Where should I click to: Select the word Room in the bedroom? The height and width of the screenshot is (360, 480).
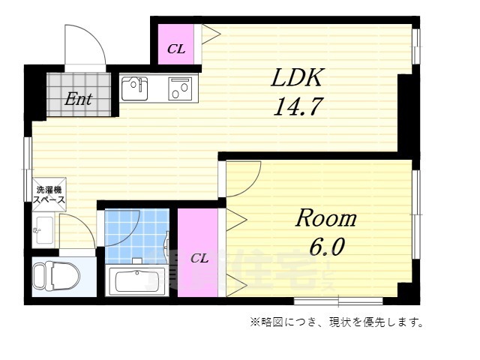coord(326,218)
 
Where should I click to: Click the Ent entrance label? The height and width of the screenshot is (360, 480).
coord(77,98)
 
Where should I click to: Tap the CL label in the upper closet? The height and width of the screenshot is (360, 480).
coord(176,49)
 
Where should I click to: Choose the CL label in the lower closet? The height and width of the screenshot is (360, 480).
coord(199,258)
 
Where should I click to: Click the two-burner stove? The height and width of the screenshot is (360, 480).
coord(181,88)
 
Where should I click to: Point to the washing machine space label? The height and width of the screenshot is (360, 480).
coord(48,195)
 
